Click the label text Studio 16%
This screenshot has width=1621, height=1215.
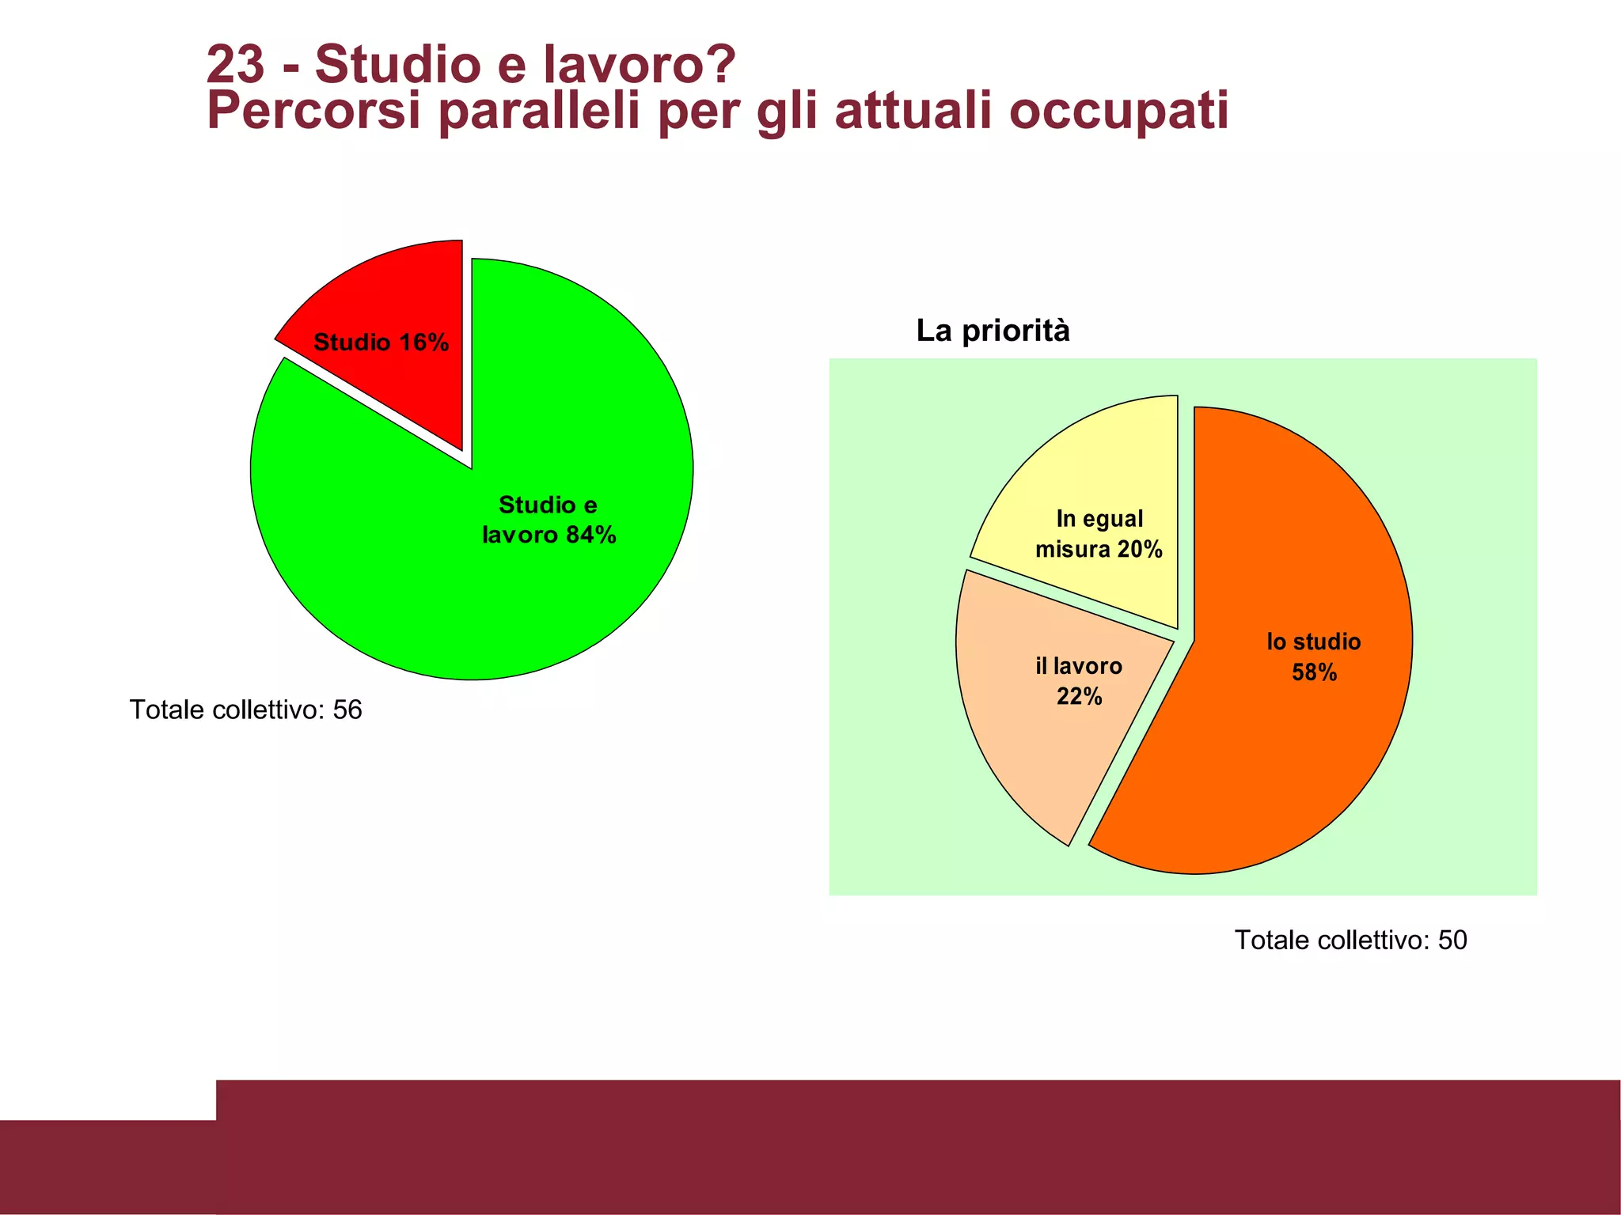coord(381,343)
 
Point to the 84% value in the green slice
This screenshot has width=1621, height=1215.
coord(590,536)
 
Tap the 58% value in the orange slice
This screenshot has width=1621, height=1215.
coord(1314,672)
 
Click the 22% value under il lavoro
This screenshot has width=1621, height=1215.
coord(1079,696)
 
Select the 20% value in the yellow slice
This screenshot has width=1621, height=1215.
coord(1140,549)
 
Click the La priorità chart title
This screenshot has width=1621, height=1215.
coord(993,331)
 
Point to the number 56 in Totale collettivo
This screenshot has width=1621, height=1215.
coord(347,710)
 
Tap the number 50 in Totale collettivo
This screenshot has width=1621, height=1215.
coord(1452,940)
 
